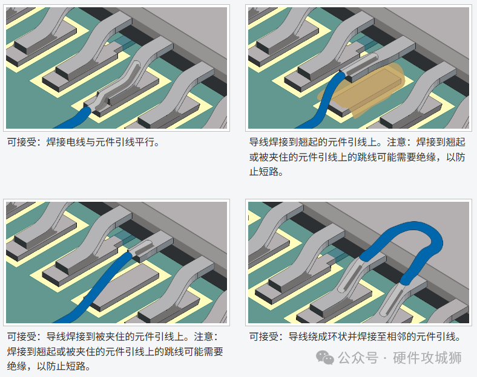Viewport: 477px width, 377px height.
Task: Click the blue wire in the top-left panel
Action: [x=73, y=118]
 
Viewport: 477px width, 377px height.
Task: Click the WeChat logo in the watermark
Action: [x=325, y=358]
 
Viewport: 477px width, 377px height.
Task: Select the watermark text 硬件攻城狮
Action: [x=427, y=358]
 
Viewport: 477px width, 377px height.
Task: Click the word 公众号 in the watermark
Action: [x=358, y=358]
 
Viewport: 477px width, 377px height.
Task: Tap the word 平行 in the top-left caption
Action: [x=145, y=142]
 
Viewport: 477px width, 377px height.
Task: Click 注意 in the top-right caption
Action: [x=396, y=142]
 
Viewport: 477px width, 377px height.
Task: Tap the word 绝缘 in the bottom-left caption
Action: [x=17, y=366]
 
